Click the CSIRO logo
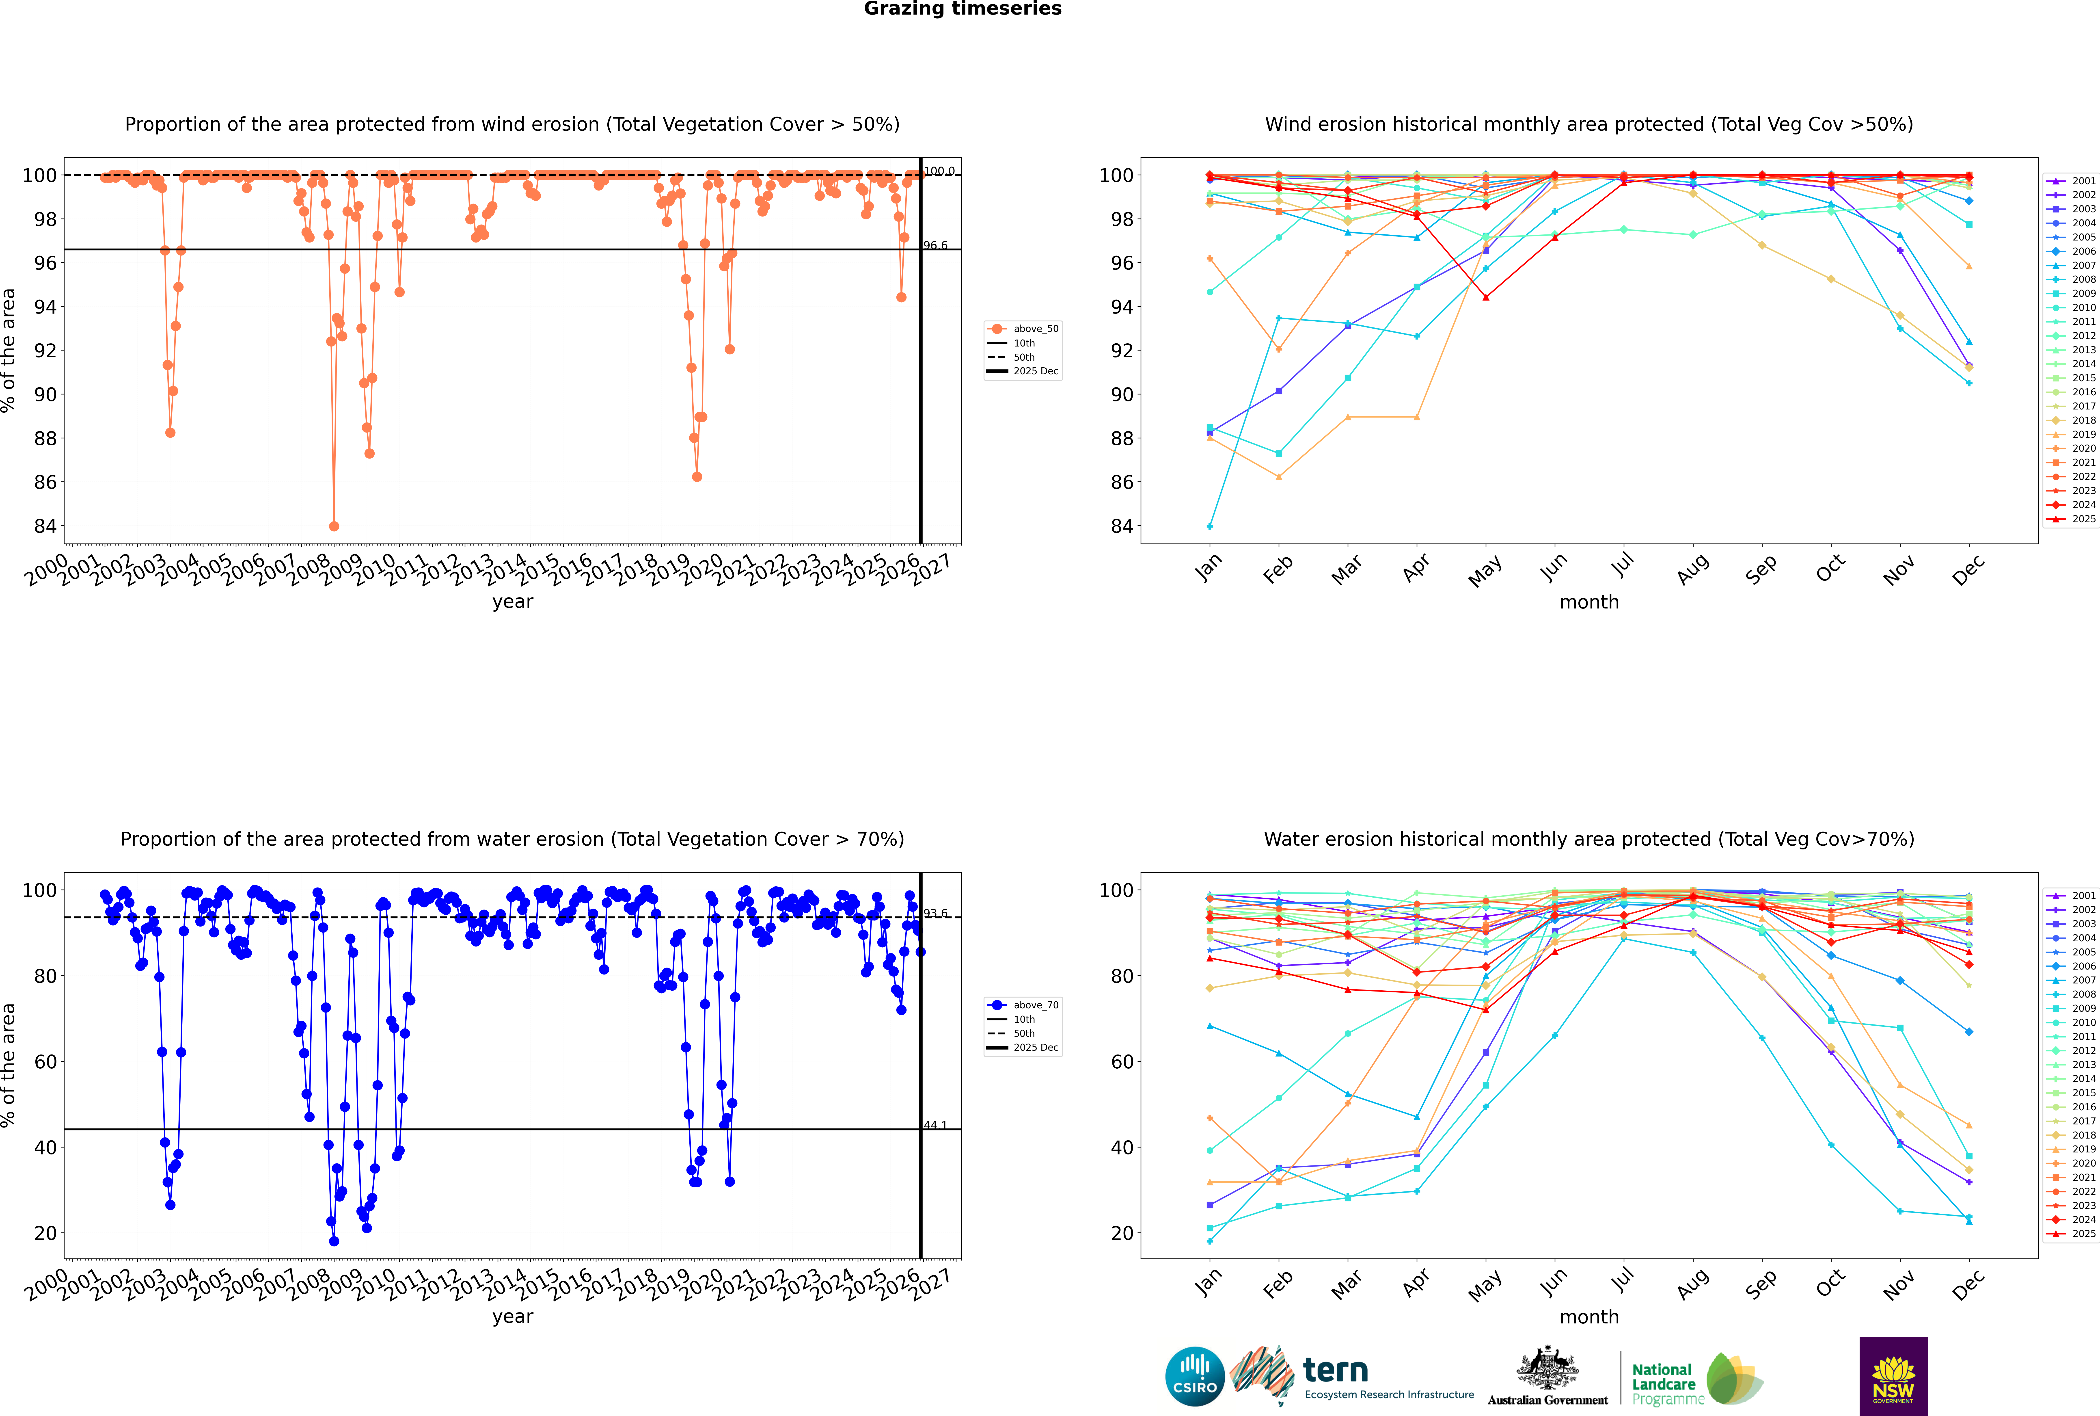pyautogui.click(x=1194, y=1376)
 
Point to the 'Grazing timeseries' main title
pyautogui.click(x=963, y=9)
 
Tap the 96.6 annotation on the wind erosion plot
pyautogui.click(x=935, y=246)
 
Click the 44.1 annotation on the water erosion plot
pyautogui.click(x=935, y=1125)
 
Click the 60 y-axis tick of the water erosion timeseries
pyautogui.click(x=45, y=1062)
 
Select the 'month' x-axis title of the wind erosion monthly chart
pyautogui.click(x=1589, y=602)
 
